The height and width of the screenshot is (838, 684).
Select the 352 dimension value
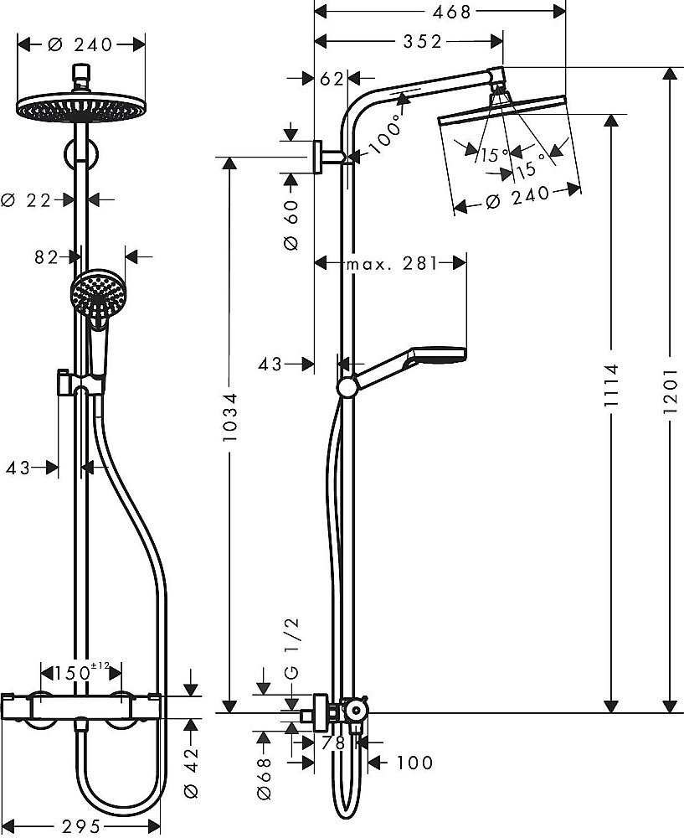(419, 42)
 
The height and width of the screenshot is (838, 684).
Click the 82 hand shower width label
(47, 256)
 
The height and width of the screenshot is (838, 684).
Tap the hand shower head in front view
(94, 293)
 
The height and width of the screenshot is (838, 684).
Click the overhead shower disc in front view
(81, 108)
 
